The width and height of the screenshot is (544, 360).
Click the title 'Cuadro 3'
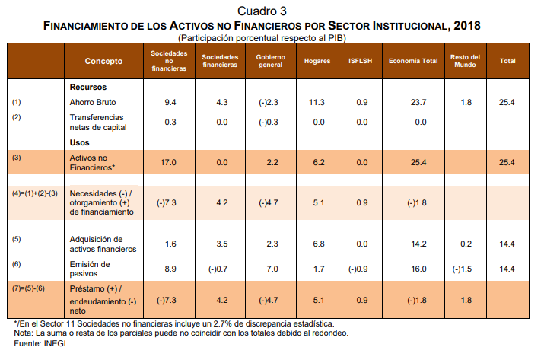[262, 11]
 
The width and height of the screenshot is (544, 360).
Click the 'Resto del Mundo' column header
[465, 62]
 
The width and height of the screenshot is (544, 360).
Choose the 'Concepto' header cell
[103, 61]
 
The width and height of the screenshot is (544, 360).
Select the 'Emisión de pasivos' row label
[91, 269]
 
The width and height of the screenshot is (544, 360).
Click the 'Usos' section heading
[79, 143]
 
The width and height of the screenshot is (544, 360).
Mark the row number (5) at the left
[17, 240]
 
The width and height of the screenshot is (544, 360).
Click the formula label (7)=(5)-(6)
[29, 289]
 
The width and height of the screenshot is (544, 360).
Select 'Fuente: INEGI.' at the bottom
[37, 344]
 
